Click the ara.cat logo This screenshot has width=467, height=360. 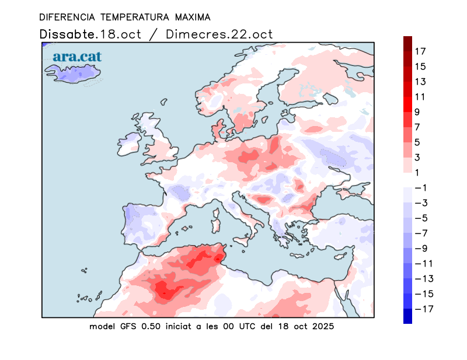point(77,57)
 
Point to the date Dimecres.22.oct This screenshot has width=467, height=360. point(219,34)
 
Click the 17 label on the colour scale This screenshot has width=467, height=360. point(420,51)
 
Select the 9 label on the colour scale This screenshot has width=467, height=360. point(418,112)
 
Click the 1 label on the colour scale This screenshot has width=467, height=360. point(418,172)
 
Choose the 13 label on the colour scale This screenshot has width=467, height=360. point(420,82)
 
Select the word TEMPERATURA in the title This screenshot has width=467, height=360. point(126,17)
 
